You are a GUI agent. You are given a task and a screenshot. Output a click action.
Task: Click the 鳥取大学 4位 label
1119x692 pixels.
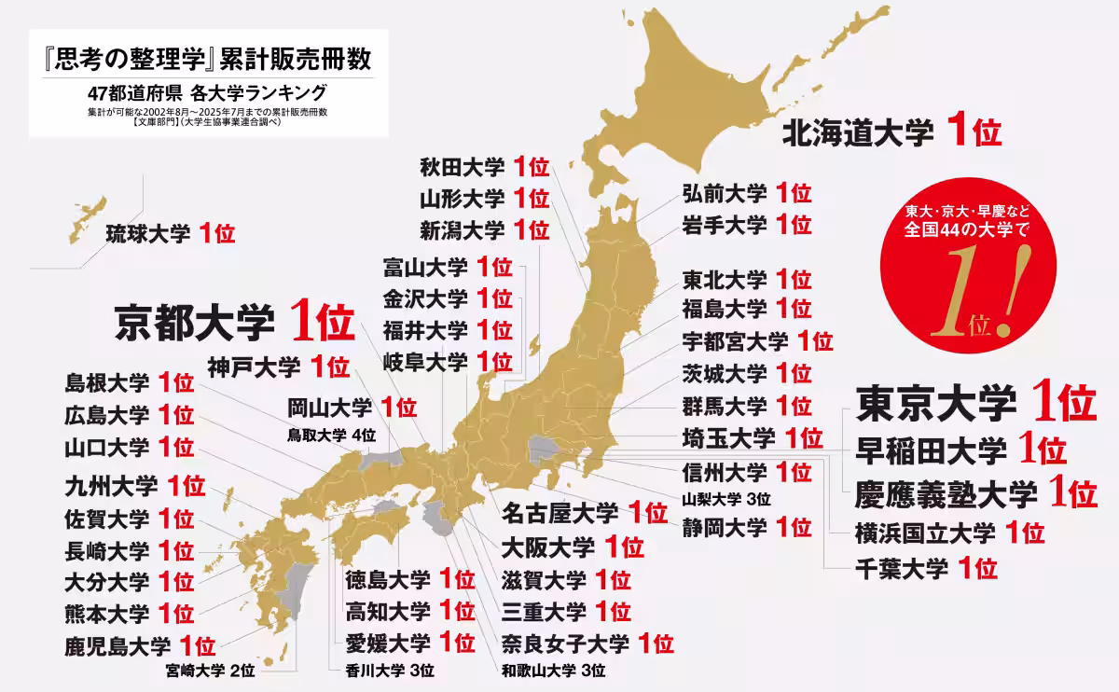[x=332, y=434]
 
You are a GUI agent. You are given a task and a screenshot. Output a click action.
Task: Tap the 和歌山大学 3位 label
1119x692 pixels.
[x=554, y=670]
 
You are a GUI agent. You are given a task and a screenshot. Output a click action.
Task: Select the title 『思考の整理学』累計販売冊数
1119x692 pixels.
[x=201, y=60]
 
